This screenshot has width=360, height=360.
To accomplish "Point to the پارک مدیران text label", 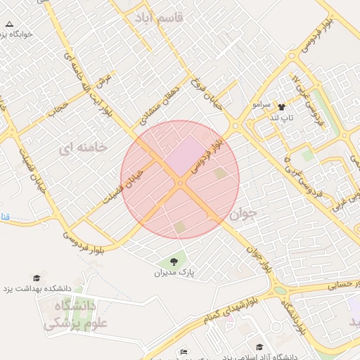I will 174,271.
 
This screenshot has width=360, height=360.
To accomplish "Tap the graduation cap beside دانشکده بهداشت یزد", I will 37,278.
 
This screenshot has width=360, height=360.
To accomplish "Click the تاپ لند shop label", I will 281,117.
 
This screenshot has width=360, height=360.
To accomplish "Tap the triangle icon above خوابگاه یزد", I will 10,23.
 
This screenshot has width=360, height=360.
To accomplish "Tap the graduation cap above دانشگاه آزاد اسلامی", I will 260,347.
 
